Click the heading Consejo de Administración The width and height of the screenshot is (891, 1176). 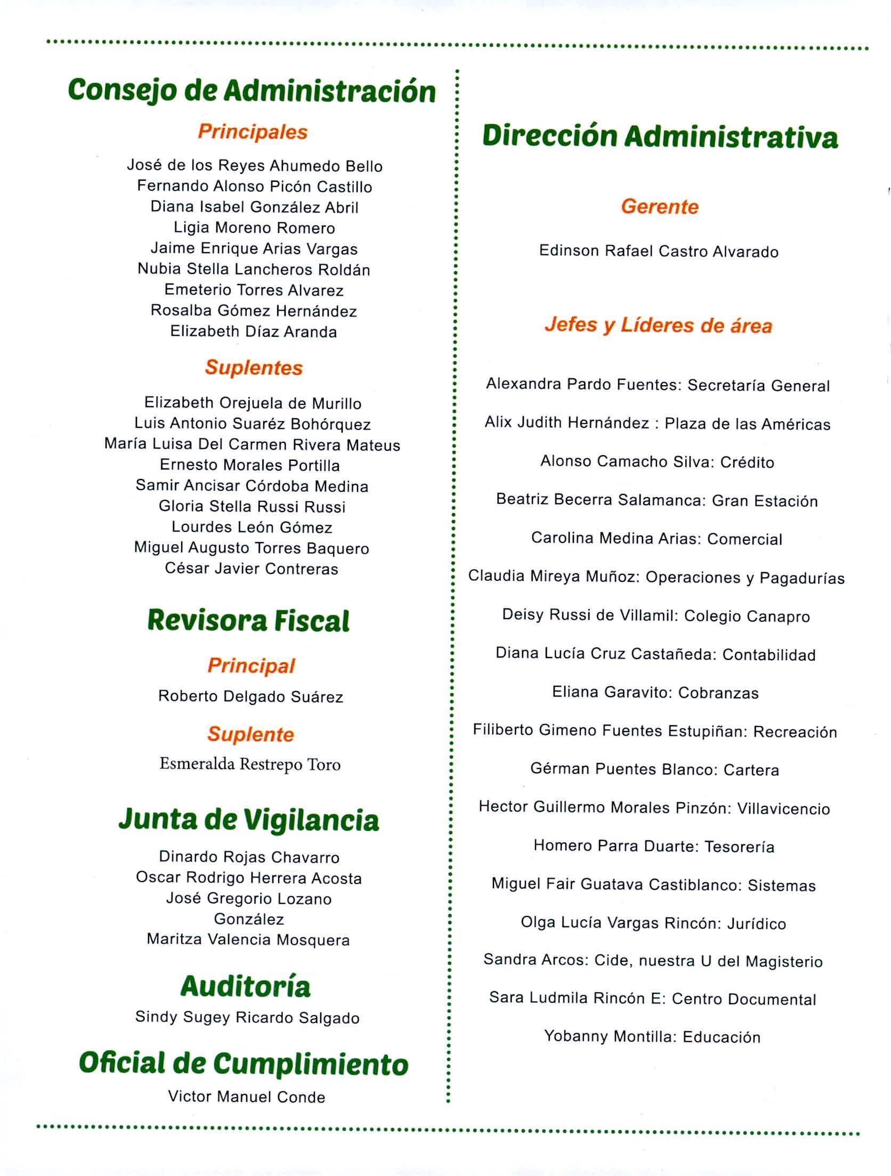tap(252, 91)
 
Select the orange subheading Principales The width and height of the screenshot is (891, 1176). tap(253, 132)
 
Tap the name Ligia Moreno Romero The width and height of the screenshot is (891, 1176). tap(254, 228)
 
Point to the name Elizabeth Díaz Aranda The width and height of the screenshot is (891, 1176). tap(253, 331)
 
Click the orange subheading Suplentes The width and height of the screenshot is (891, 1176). tap(254, 368)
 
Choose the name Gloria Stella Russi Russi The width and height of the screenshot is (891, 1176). tap(252, 506)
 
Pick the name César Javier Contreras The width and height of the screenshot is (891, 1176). tap(252, 569)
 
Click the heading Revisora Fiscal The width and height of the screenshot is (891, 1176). tap(248, 621)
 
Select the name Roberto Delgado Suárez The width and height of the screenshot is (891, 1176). tap(250, 696)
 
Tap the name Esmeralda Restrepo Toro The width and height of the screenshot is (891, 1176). tap(250, 765)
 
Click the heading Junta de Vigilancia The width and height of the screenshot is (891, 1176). tap(248, 820)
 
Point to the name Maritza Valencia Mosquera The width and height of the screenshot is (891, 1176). tap(248, 939)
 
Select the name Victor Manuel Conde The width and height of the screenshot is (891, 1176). tap(246, 1097)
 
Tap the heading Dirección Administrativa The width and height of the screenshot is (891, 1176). tap(660, 136)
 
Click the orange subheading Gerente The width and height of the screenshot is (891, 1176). tap(660, 206)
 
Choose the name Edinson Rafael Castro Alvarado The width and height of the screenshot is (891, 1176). tap(659, 251)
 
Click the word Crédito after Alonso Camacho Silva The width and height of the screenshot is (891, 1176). tap(747, 462)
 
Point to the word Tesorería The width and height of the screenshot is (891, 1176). tap(740, 847)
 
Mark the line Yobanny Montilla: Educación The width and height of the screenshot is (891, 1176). tap(652, 1036)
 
